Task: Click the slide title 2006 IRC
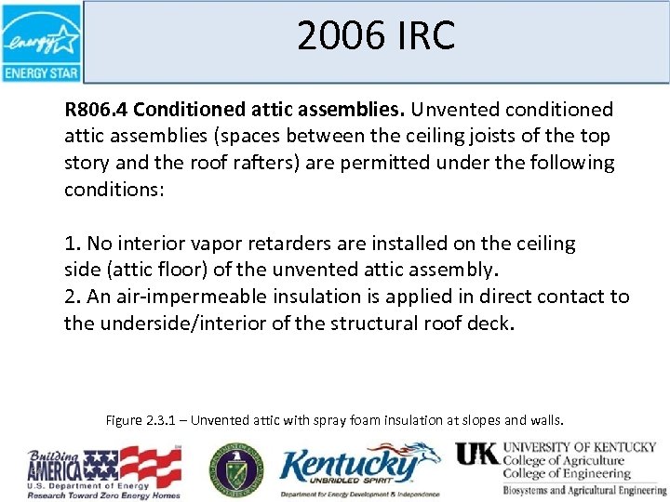coord(376,37)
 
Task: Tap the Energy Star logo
coord(41,42)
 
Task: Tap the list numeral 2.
coord(70,297)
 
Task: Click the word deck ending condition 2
coord(486,324)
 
